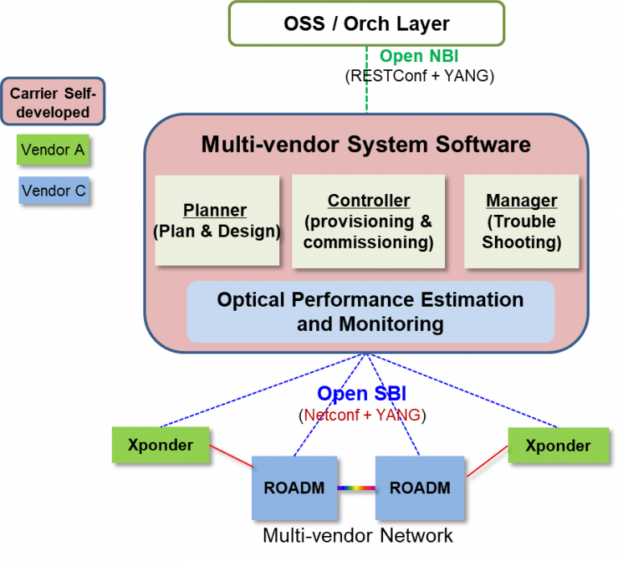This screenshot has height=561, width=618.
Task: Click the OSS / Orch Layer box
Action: (366, 23)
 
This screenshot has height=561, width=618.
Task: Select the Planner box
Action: (216, 221)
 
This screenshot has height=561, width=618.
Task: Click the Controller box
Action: (369, 221)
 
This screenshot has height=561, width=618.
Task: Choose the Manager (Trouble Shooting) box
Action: (521, 221)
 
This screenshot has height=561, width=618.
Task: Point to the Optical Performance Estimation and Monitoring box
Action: (370, 311)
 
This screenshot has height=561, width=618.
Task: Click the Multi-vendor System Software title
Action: (366, 144)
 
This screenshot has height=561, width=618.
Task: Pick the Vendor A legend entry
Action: (52, 150)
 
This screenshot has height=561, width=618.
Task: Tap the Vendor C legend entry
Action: (52, 192)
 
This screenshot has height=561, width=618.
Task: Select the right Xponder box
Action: (558, 445)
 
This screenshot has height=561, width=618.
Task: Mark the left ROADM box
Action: (294, 487)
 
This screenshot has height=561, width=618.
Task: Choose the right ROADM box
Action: (419, 487)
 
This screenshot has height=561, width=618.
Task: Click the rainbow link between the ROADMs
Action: (356, 488)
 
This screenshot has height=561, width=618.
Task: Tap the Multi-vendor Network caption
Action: (358, 535)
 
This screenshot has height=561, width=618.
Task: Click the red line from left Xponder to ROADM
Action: (230, 454)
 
